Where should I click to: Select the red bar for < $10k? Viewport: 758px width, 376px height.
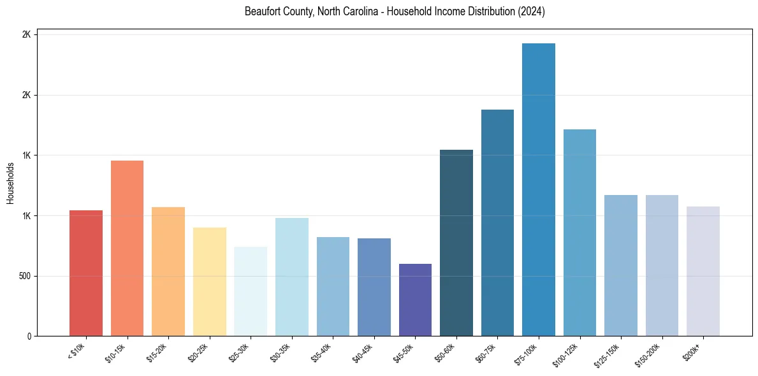[x=86, y=273]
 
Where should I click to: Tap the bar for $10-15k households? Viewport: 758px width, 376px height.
[x=127, y=249]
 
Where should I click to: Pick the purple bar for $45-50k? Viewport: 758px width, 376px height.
[x=415, y=300]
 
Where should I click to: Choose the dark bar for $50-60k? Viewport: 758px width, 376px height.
[x=456, y=243]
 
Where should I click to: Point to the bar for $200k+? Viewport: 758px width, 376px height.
[x=703, y=271]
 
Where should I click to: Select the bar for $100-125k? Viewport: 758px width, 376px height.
[x=579, y=233]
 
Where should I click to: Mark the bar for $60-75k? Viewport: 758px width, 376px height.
[x=497, y=223]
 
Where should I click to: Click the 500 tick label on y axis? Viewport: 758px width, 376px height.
[x=24, y=277]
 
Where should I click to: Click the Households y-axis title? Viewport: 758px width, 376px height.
[x=11, y=184]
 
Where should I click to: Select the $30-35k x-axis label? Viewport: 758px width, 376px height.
[x=280, y=354]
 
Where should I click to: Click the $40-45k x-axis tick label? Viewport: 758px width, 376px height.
[x=362, y=354]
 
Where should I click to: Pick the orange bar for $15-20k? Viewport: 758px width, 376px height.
[x=168, y=271]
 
